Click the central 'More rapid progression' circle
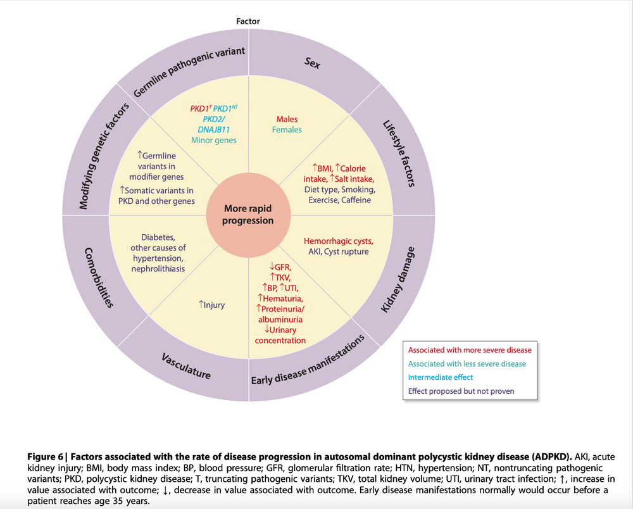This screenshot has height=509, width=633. [x=248, y=215]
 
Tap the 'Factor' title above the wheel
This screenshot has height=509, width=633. [x=248, y=22]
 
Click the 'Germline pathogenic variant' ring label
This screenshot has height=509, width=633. [x=189, y=72]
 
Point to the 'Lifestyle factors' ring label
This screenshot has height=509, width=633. [x=399, y=154]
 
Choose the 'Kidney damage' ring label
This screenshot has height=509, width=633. [x=397, y=280]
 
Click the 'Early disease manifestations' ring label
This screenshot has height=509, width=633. [x=308, y=360]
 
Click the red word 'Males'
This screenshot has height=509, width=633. [x=287, y=119]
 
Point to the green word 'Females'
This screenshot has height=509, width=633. [x=287, y=130]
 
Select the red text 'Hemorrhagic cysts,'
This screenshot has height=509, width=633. [x=338, y=241]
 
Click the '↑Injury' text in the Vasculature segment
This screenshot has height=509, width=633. [x=211, y=305]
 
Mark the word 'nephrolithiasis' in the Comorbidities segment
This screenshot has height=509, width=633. [x=159, y=269]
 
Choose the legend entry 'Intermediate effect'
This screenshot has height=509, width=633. [x=440, y=377]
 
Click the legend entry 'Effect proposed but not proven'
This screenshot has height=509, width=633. [x=461, y=391]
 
